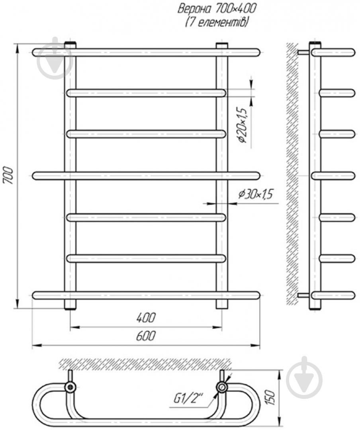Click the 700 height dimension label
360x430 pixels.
coord(9,175)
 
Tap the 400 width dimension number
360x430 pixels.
coord(146,318)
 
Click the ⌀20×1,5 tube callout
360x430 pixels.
coord(243,125)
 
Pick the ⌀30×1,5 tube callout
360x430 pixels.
coord(255,194)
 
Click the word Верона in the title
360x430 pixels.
coord(195,9)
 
